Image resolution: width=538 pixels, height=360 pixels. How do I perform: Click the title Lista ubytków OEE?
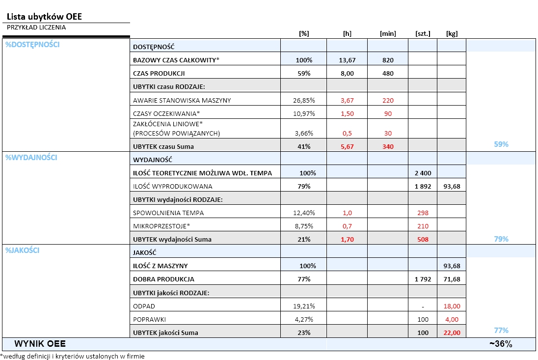[44, 17]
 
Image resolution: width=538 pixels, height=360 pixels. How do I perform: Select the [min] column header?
[388, 33]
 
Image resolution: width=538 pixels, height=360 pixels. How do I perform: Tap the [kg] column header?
[452, 33]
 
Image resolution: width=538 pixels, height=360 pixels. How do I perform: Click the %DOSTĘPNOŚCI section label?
[32, 45]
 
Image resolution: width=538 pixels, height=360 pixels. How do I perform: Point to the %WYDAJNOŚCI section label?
[31, 157]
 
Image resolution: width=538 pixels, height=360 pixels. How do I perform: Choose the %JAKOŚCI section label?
[22, 250]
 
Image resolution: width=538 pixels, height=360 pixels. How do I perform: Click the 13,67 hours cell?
[347, 60]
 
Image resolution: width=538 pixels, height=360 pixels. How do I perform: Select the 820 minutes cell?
[388, 60]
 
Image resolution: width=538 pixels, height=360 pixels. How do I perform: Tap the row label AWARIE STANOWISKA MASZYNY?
[182, 100]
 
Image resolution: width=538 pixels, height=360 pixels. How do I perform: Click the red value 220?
[388, 100]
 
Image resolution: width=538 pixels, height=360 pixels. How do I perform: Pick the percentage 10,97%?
[304, 113]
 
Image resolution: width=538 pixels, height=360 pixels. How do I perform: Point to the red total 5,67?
[347, 146]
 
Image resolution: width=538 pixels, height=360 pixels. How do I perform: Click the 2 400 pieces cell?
[422, 173]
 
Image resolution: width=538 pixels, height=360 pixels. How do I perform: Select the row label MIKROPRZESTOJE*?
[161, 226]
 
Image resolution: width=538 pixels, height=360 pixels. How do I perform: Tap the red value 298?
[422, 213]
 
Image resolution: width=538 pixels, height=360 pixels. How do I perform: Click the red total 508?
[422, 239]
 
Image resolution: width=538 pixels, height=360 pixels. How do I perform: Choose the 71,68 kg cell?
[452, 279]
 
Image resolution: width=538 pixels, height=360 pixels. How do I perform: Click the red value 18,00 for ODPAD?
[452, 306]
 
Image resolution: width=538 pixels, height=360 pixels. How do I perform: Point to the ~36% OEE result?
[501, 344]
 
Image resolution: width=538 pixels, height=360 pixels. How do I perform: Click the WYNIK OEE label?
[40, 344]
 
